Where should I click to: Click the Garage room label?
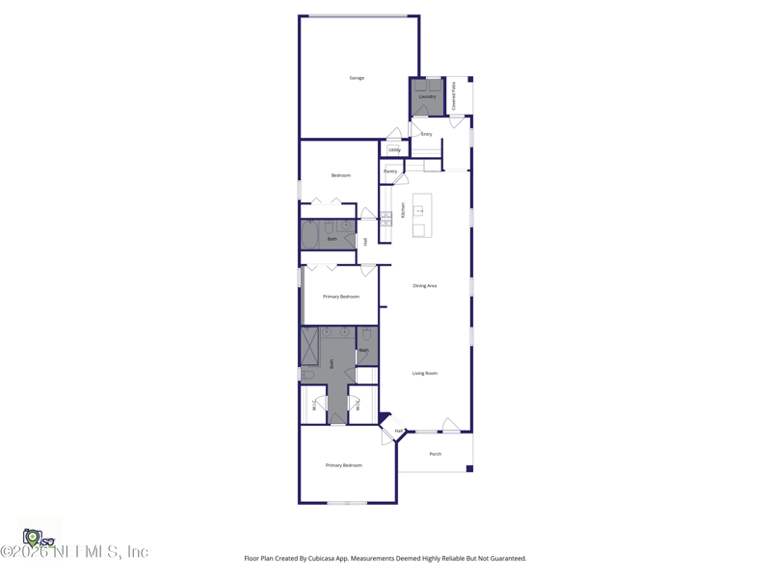point(357,78)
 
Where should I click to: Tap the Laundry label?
point(427,96)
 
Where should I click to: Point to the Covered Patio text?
point(454,94)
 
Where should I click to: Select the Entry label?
point(426,134)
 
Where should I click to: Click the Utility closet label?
point(394,150)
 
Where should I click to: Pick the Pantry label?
point(390,171)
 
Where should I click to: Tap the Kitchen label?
point(403,209)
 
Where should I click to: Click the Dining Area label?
point(425,286)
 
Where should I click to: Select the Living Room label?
point(425,374)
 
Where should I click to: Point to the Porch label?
point(436,454)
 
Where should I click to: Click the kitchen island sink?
point(419,210)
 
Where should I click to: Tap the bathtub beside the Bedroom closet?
point(310,236)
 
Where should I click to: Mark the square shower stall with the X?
point(309,347)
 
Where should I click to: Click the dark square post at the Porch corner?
point(469,469)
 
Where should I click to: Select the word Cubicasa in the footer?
point(314,559)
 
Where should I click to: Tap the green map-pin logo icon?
point(32,537)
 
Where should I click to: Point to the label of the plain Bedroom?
point(341,175)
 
